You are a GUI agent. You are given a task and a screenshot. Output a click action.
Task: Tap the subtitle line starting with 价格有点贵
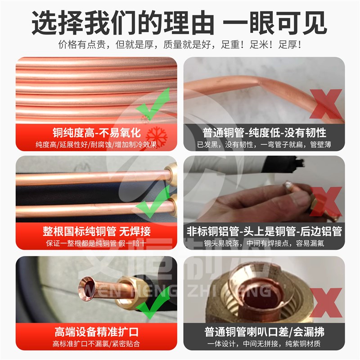tap(180, 45)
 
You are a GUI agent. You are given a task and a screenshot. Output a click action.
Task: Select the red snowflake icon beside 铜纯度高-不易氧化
tap(156, 133)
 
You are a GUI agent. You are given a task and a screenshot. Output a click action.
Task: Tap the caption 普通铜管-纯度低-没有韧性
tap(264, 133)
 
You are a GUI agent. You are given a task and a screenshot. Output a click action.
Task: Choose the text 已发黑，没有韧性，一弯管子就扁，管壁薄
tap(264, 145)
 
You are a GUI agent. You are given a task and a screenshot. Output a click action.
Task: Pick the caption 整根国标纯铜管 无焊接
tap(96, 232)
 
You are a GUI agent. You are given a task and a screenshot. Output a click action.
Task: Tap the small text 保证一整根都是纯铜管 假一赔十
tap(96, 244)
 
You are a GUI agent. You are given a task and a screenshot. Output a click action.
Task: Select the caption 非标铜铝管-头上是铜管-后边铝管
tap(264, 232)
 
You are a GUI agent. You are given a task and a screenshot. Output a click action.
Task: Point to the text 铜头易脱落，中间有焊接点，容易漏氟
tap(264, 244)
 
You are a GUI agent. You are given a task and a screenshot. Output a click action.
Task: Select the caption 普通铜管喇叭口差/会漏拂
tap(264, 333)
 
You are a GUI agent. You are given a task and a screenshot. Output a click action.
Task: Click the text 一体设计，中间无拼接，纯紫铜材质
tap(264, 345)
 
